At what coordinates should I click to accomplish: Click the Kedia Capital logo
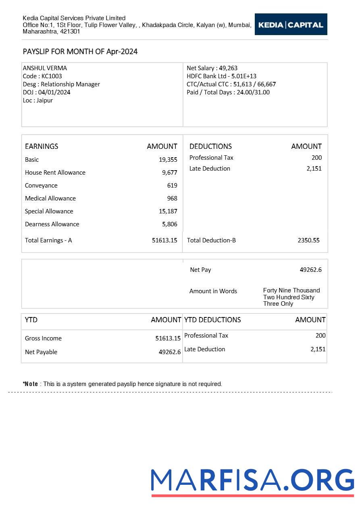(x=291, y=25)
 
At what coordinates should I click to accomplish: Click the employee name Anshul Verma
(x=45, y=68)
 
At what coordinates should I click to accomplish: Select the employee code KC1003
(x=52, y=76)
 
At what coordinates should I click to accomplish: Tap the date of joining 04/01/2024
(x=54, y=92)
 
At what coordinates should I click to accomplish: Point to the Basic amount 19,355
(x=168, y=160)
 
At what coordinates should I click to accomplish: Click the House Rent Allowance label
(x=55, y=173)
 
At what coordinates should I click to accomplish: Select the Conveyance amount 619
(x=172, y=186)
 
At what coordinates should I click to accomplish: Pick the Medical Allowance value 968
(x=172, y=198)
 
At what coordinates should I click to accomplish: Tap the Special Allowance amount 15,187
(x=168, y=211)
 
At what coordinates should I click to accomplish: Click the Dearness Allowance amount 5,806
(x=169, y=224)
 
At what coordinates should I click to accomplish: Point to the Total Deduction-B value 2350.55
(x=308, y=240)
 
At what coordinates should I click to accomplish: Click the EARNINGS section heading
(x=42, y=146)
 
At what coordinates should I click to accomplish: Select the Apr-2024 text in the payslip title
(x=122, y=52)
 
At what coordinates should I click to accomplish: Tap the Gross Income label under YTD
(x=43, y=338)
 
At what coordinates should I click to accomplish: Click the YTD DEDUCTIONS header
(x=212, y=320)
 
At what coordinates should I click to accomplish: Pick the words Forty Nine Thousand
(x=291, y=290)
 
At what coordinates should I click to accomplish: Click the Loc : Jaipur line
(x=37, y=100)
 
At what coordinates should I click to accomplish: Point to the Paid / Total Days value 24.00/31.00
(x=252, y=92)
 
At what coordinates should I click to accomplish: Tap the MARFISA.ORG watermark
(x=252, y=481)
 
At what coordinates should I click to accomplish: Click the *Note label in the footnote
(x=30, y=384)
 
